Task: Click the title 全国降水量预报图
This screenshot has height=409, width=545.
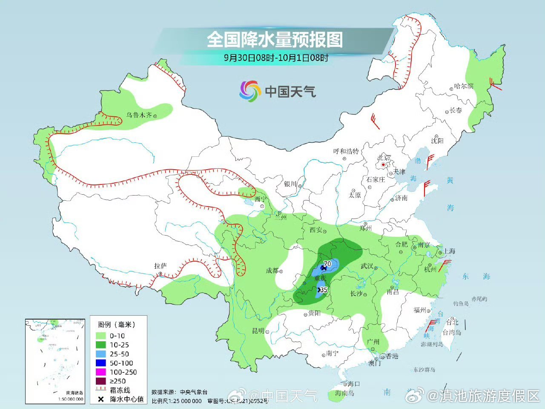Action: pyautogui.click(x=275, y=40)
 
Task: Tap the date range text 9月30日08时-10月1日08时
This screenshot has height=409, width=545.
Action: pyautogui.click(x=276, y=58)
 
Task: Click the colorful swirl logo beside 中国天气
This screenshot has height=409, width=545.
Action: pyautogui.click(x=250, y=91)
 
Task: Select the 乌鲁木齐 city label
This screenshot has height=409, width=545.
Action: pyautogui.click(x=139, y=115)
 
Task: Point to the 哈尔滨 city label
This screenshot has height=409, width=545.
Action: pyautogui.click(x=464, y=86)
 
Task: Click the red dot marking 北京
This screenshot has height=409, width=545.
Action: pyautogui.click(x=383, y=164)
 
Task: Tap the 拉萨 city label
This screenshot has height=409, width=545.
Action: pyautogui.click(x=161, y=266)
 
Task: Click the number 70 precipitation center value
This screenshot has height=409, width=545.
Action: pyautogui.click(x=327, y=264)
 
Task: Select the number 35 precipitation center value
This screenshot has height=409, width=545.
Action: pyautogui.click(x=324, y=290)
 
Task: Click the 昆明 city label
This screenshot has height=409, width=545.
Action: pyautogui.click(x=258, y=331)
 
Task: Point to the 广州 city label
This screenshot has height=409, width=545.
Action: pyautogui.click(x=373, y=342)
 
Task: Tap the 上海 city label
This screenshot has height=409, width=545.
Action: pyautogui.click(x=449, y=251)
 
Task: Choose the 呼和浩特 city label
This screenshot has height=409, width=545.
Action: pyautogui.click(x=346, y=151)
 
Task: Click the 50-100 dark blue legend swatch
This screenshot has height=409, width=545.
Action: pyautogui.click(x=101, y=363)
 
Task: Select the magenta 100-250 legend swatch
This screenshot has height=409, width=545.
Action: pyautogui.click(x=101, y=372)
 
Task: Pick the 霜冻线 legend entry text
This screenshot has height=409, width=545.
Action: pyautogui.click(x=120, y=390)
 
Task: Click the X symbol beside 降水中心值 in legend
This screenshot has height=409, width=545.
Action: pyautogui.click(x=101, y=399)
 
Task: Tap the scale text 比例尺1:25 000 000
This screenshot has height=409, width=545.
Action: pyautogui.click(x=177, y=401)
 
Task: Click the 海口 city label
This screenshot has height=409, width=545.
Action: pyautogui.click(x=353, y=384)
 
